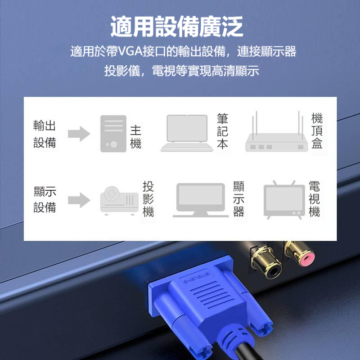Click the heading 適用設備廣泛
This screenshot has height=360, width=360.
176,27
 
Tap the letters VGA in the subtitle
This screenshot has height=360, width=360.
130,51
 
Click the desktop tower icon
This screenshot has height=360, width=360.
113,134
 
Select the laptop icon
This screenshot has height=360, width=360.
187,133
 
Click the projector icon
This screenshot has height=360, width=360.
119,200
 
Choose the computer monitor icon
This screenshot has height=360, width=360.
201,200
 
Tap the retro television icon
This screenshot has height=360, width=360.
284,200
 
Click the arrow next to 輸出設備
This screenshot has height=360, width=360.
79,134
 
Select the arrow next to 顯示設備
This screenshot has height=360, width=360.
79,200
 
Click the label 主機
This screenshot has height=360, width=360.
135,137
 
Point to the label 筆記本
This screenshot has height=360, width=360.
222,131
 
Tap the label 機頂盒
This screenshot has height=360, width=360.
317,131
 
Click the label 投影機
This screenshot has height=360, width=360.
148,199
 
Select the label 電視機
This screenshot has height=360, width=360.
314,199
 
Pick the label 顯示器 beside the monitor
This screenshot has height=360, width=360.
238,199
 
